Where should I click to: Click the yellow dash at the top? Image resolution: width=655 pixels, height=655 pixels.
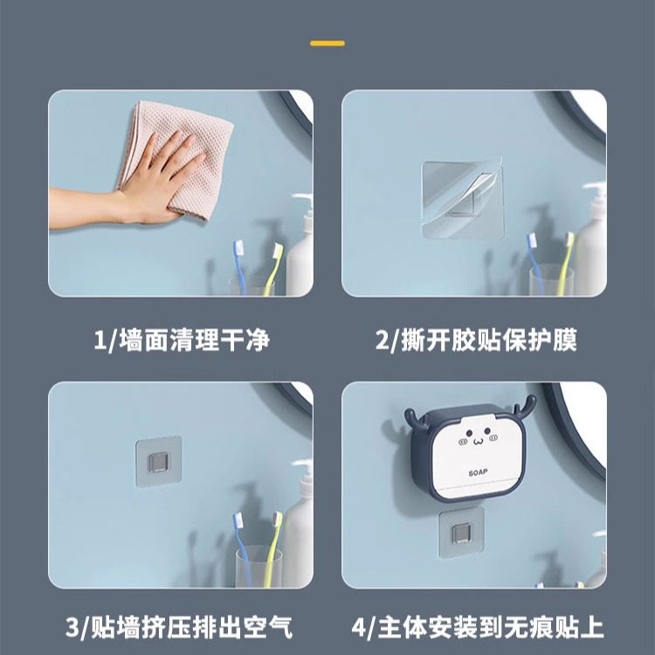pos(327,43)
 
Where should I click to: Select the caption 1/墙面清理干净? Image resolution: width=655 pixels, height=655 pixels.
pos(181,339)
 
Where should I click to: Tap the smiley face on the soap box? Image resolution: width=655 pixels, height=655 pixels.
pos(477,437)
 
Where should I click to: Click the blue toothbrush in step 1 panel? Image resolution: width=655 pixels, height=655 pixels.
pos(240,262)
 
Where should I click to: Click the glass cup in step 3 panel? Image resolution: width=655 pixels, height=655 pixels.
pos(258,563)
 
